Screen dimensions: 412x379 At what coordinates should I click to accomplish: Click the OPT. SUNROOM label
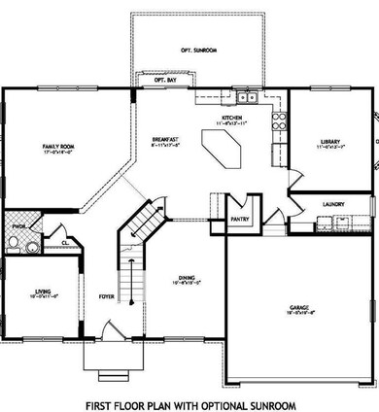(200, 48)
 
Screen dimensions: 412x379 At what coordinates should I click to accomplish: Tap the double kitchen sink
(246, 97)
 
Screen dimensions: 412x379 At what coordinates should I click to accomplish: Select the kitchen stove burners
(280, 121)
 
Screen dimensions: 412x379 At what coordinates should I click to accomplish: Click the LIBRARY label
(329, 142)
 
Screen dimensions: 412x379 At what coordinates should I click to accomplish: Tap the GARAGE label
(299, 309)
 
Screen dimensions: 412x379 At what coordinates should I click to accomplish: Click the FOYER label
(107, 296)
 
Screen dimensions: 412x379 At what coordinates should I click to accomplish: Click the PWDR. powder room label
(17, 230)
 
